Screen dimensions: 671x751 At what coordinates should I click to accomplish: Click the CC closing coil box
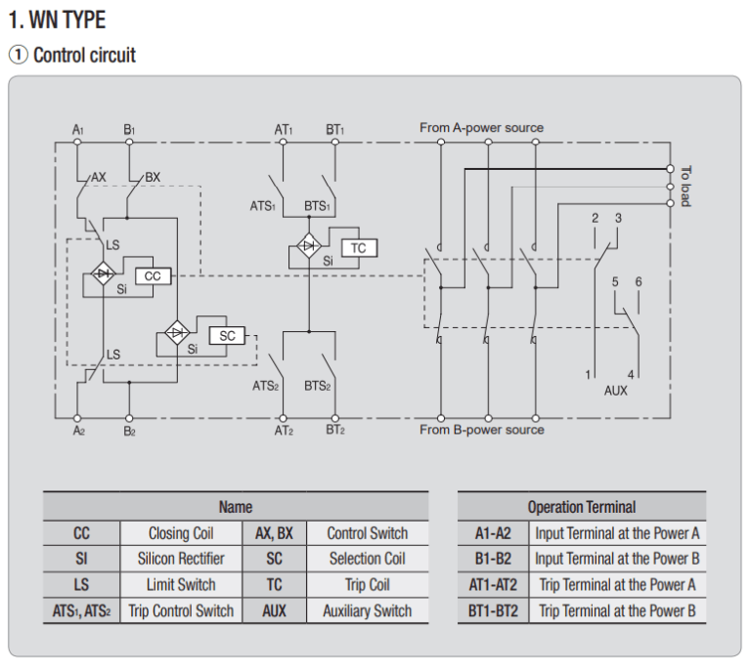153,276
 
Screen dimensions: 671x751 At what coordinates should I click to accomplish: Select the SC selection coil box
228,335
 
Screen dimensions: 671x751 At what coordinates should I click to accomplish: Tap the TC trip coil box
359,248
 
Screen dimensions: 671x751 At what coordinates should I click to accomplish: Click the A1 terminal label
78,129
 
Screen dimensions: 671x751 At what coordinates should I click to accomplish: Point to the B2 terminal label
129,430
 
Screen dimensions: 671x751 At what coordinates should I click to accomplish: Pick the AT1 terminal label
283,129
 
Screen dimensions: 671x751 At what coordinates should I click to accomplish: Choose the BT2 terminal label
334,430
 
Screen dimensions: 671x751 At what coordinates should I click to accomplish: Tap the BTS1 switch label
318,206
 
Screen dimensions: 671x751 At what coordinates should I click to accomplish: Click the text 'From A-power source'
481,128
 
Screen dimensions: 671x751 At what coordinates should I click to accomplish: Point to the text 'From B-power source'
481,430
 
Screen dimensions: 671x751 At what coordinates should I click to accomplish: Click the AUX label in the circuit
616,390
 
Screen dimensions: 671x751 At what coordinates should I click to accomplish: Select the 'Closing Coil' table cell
181,533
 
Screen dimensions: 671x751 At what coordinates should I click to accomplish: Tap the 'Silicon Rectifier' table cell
181,559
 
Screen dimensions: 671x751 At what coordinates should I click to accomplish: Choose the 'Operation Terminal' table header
581,507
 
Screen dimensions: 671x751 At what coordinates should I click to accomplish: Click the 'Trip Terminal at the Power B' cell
617,611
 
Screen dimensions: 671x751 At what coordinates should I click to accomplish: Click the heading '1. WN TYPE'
57,19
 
